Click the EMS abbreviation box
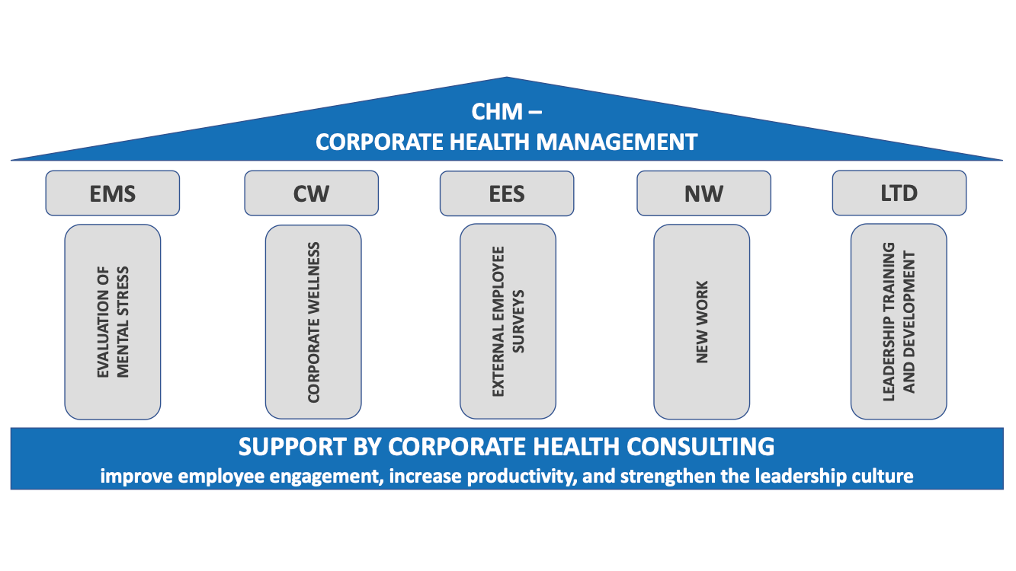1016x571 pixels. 113,193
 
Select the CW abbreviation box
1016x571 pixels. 311,193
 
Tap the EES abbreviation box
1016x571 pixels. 507,193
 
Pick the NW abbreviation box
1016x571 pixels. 704,193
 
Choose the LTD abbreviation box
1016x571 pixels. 899,193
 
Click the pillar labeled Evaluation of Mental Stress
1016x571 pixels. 113,321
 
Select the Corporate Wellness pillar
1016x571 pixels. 313,321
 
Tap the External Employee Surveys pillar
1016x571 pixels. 508,321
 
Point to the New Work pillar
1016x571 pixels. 702,321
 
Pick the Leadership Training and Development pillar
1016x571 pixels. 899,321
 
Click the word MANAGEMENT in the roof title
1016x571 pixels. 626,142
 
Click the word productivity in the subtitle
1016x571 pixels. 530,477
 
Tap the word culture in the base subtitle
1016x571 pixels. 885,477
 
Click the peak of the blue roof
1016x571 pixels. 507,79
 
